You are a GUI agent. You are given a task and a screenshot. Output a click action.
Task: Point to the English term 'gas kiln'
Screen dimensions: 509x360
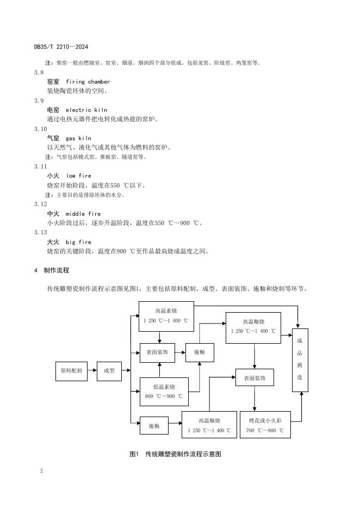79,138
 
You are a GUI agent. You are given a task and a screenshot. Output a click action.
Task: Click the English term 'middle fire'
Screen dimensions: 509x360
83,214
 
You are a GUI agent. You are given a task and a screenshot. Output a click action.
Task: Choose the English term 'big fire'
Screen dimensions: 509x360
78,242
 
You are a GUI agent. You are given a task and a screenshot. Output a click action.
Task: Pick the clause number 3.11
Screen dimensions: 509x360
40,166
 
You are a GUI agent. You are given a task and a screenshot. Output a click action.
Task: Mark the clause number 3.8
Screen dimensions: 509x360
39,72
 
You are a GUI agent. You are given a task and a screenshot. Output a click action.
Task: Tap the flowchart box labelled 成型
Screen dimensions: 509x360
109,371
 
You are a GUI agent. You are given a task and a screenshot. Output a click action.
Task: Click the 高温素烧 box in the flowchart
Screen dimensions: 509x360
166,316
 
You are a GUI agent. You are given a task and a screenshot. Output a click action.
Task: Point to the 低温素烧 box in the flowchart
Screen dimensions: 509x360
164,392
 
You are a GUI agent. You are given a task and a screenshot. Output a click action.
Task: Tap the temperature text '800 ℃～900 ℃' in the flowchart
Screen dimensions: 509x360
164,396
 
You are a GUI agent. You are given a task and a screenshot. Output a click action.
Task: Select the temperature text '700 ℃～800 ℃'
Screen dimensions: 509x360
265,430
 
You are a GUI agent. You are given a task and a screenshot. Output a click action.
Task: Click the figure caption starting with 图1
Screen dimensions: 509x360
176,454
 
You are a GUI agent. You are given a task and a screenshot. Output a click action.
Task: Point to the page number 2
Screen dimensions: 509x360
41,470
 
